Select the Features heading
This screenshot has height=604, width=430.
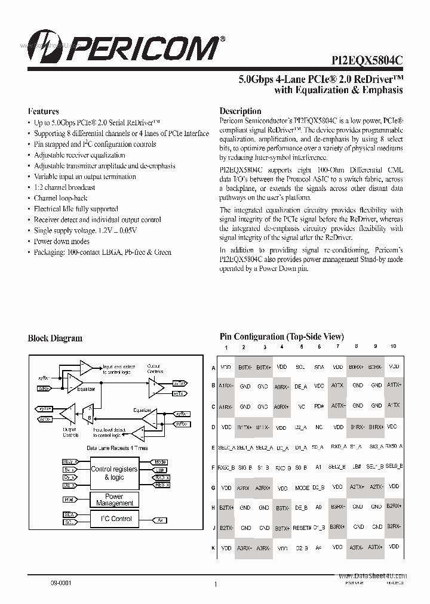tap(43, 112)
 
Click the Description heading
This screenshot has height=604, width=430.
tap(240, 111)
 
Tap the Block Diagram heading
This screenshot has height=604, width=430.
tap(55, 338)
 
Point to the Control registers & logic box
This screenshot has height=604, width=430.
tap(113, 473)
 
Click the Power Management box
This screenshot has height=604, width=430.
tap(113, 500)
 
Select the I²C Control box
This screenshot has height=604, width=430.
tap(113, 519)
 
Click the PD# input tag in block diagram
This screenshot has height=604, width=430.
tap(68, 499)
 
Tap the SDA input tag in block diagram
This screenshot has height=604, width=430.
tap(68, 514)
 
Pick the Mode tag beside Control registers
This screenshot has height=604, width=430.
tap(160, 462)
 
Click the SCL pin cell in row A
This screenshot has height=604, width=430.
tap(301, 368)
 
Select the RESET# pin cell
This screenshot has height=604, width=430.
tap(302, 528)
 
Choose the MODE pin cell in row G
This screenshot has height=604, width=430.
tap(302, 488)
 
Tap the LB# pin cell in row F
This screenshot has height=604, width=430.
tap(357, 467)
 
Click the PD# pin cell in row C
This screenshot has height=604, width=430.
tap(320, 406)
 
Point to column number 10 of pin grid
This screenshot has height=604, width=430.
tap(393, 347)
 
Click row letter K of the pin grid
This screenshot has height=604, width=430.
tap(213, 547)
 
